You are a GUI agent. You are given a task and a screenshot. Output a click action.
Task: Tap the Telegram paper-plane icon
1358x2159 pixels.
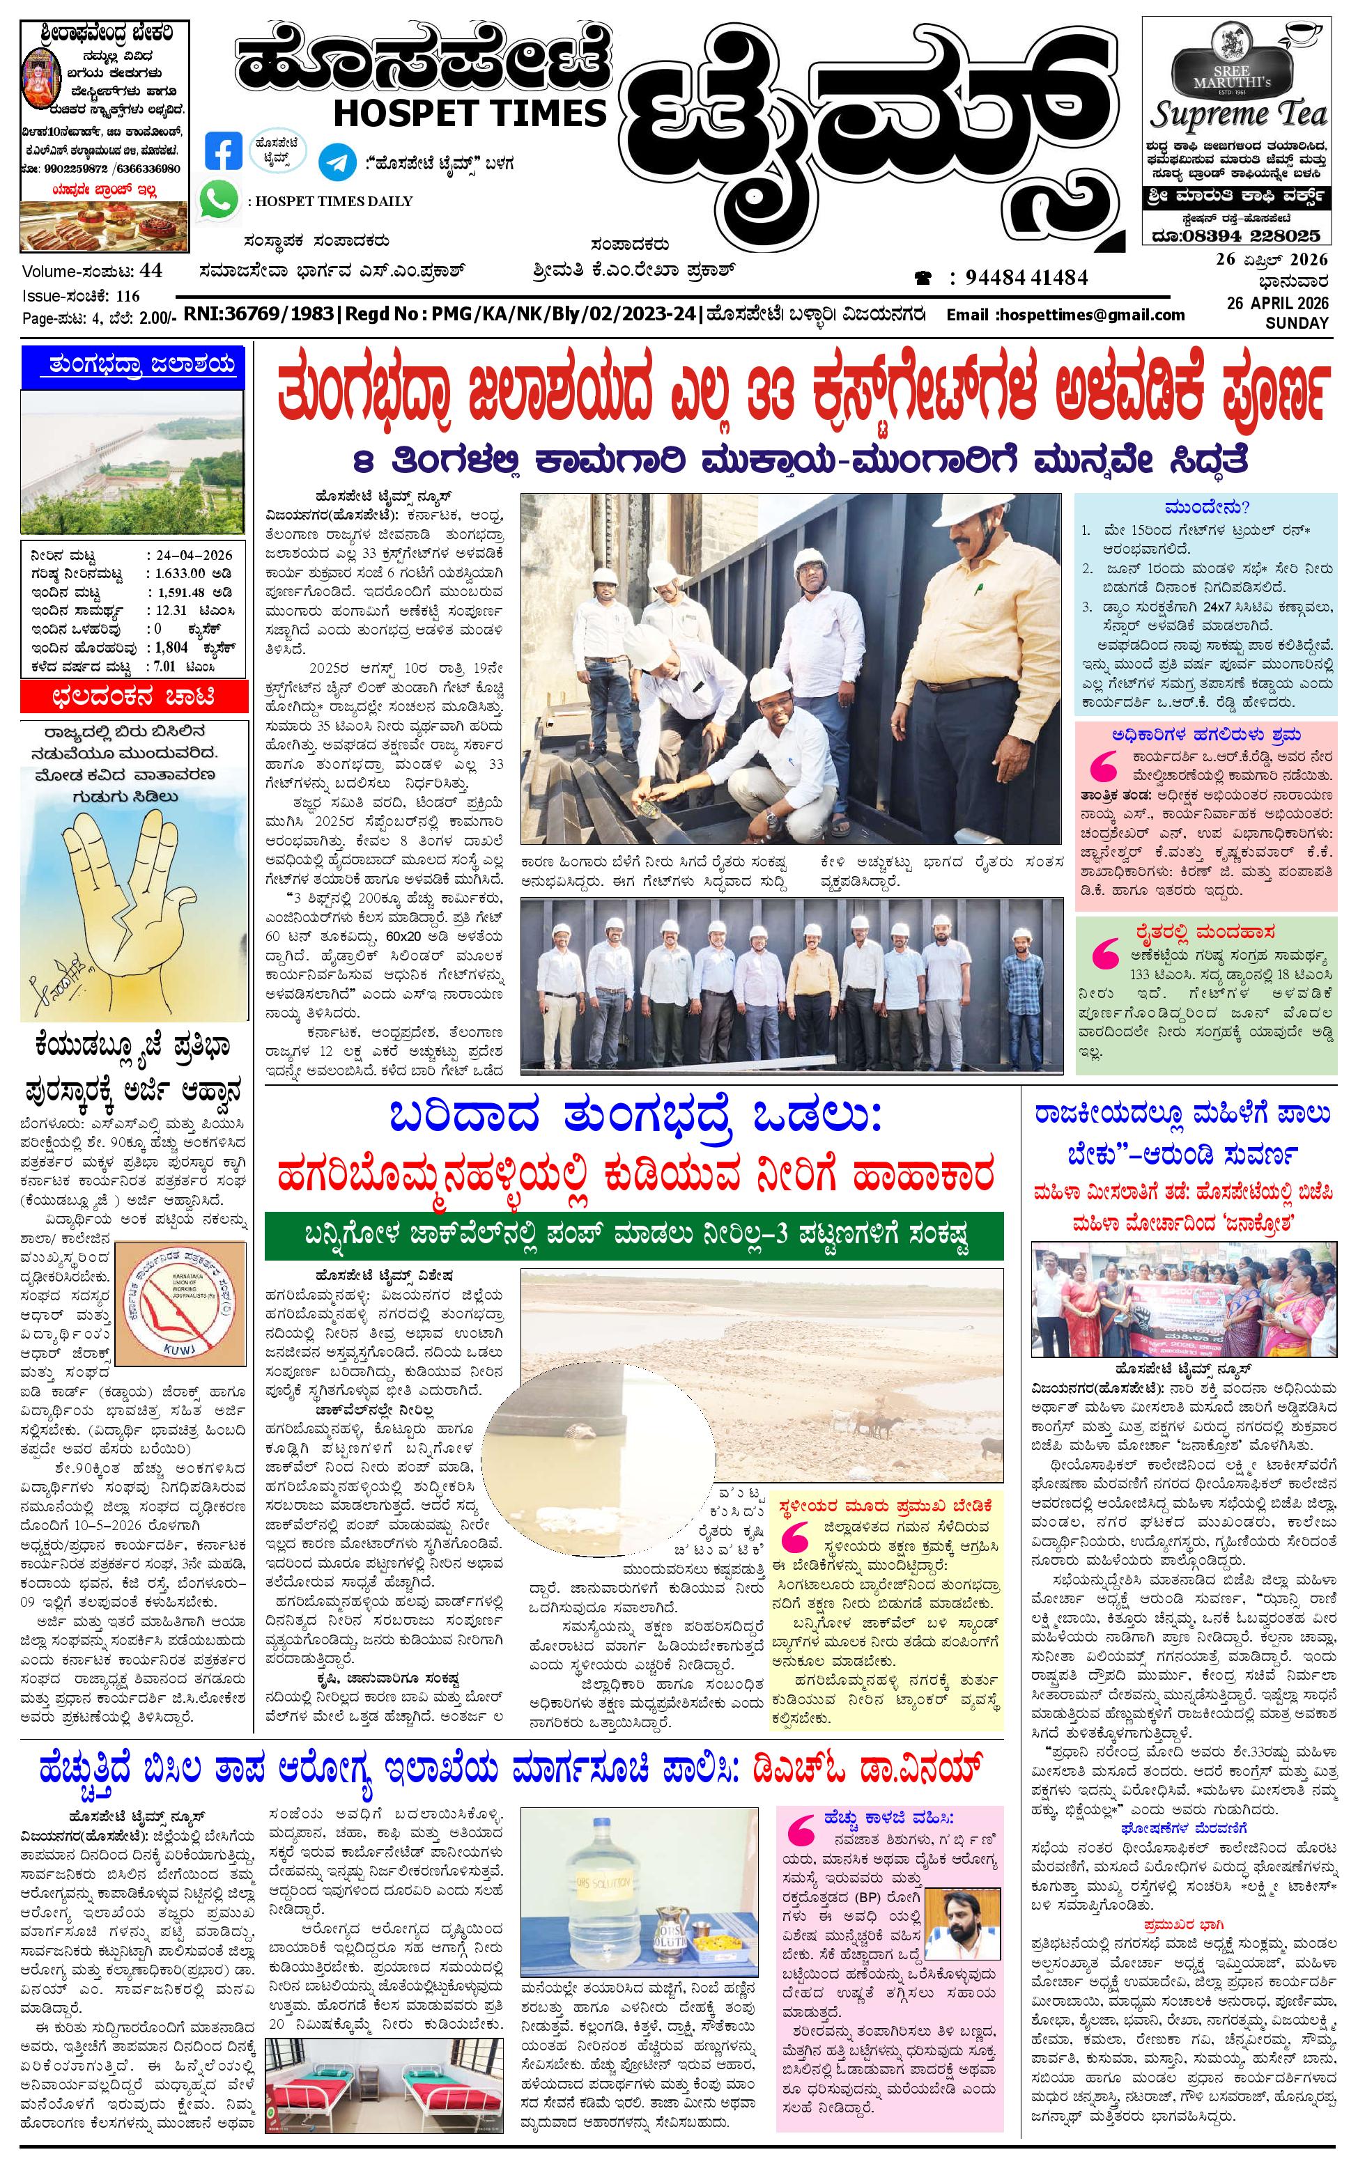335,162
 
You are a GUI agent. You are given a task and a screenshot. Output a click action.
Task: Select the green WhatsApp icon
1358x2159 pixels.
219,199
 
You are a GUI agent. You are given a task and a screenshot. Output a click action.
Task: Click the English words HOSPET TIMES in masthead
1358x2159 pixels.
470,112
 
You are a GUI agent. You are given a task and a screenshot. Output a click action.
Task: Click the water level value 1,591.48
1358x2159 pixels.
181,592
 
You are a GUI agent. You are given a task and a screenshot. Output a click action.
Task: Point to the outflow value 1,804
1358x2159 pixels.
171,646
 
